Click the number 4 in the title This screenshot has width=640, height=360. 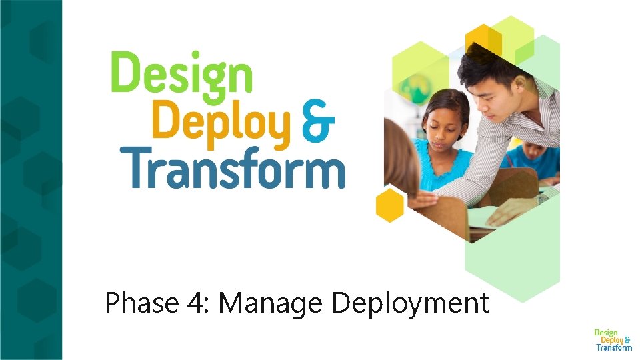click(197, 303)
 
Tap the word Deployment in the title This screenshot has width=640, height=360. click(410, 303)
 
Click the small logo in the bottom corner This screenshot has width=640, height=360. click(613, 339)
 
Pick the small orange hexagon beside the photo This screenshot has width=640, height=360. click(390, 205)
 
